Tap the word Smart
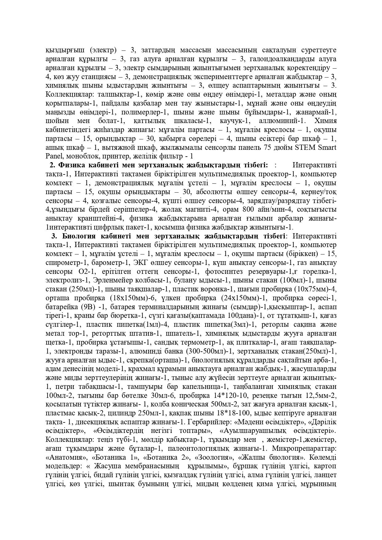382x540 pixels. pos(327,147)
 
